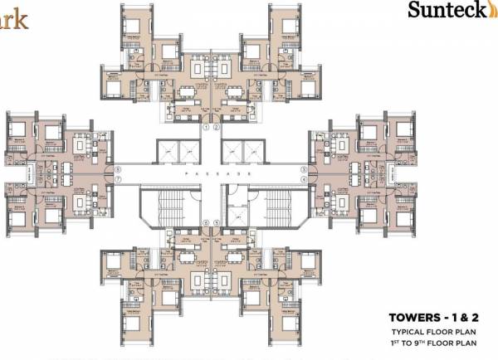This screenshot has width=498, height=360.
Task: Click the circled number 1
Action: [205, 128]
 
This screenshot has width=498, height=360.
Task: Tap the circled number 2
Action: [216, 128]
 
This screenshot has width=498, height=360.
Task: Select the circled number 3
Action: [304, 169]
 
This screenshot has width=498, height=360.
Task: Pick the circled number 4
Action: [304, 179]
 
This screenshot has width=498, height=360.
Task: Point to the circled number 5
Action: [216, 222]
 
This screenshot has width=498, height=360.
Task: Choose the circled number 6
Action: [205, 222]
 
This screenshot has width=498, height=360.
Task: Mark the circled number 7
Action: [118, 179]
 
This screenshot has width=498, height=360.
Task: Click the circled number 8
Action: [118, 169]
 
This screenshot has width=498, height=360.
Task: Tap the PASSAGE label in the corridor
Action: [211, 174]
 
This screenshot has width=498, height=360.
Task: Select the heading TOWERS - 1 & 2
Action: [431, 317]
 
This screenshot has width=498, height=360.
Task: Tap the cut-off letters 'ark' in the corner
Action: [13, 17]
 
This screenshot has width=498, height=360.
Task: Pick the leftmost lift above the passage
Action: [167, 152]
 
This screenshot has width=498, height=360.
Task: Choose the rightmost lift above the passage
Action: [253, 152]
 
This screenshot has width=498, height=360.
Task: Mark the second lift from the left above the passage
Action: [188, 152]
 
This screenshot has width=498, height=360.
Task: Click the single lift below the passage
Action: [236, 198]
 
